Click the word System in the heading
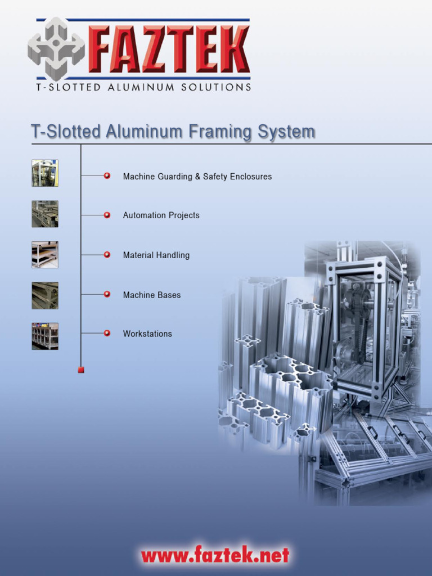[x=286, y=132]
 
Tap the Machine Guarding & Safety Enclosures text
[x=197, y=177]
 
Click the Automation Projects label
[x=161, y=215]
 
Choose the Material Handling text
[x=156, y=255]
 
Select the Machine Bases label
[x=152, y=295]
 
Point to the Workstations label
[x=147, y=334]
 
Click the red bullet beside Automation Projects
[x=107, y=215]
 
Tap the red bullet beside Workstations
[x=107, y=334]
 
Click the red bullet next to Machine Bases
[x=107, y=294]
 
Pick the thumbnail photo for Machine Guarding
[x=45, y=173]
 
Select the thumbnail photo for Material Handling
[x=45, y=254]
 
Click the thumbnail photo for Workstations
[x=45, y=336]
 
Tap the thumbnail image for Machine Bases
[x=45, y=295]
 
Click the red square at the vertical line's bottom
[x=81, y=370]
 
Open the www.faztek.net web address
[x=215, y=556]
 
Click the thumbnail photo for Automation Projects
[x=45, y=214]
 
